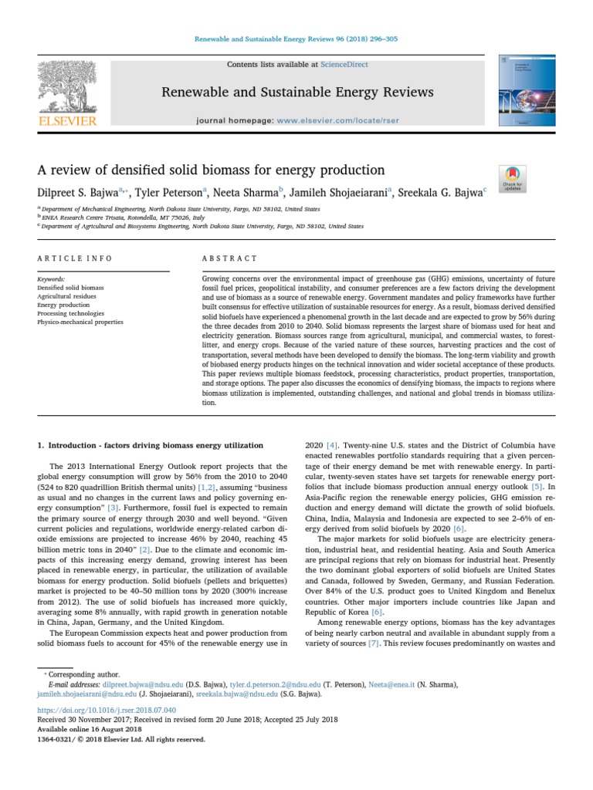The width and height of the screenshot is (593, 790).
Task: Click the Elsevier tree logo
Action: point(68,86)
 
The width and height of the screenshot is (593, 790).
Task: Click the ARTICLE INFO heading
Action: point(75,258)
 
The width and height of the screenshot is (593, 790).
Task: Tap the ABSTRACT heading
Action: point(224,258)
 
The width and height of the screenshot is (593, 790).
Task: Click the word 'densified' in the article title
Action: point(125,170)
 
